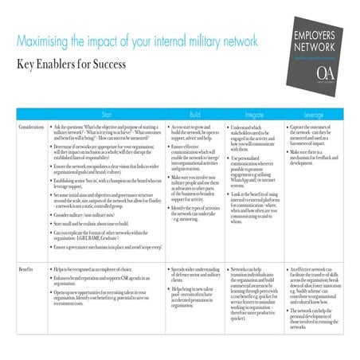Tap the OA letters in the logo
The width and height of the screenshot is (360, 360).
[x=326, y=72]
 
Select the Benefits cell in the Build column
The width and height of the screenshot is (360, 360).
[x=193, y=287]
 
